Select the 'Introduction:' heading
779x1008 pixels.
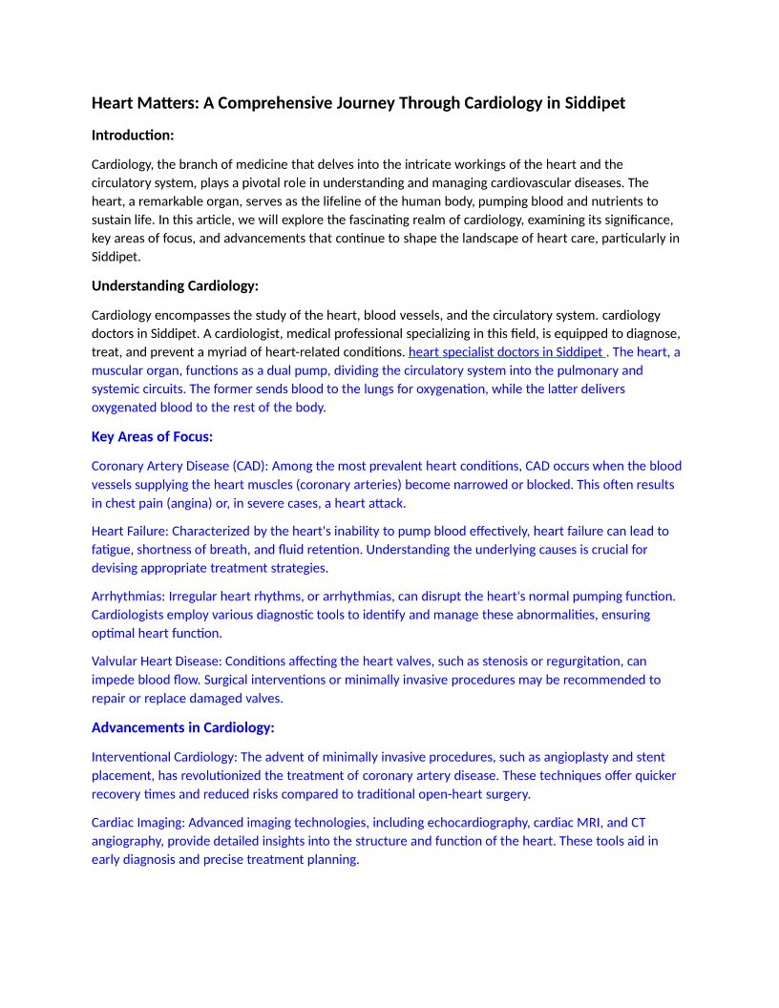click(x=133, y=136)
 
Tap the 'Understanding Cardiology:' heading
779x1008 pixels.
click(x=175, y=285)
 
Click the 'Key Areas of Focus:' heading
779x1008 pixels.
click(x=152, y=436)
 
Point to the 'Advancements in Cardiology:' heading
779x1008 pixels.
click(x=182, y=727)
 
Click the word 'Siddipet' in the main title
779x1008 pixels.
click(x=593, y=103)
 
